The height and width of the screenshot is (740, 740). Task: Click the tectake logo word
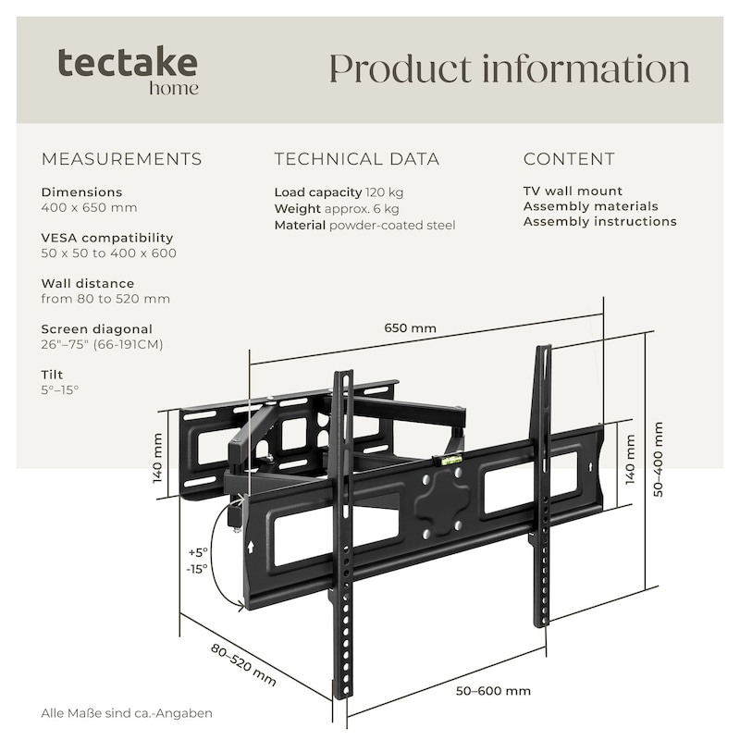point(128,63)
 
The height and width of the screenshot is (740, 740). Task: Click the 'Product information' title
point(509,69)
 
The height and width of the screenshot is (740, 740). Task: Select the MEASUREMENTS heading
point(121,159)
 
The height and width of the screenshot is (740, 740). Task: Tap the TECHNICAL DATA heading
point(357,159)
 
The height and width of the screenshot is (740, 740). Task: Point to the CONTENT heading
point(569,159)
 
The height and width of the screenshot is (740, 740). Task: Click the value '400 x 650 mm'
point(89,207)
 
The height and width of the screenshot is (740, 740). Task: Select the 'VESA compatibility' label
point(107,238)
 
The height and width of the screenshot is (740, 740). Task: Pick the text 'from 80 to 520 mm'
point(105,299)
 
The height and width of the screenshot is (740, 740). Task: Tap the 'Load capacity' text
point(317,192)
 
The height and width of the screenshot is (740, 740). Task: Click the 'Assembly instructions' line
point(599,221)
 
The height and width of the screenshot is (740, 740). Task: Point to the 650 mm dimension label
point(410,328)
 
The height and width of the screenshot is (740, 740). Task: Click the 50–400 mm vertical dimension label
point(659,460)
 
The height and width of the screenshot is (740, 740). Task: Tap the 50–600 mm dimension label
point(493,691)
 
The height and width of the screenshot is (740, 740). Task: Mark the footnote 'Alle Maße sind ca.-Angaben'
point(127,713)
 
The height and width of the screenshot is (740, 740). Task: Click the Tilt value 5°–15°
point(60,389)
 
